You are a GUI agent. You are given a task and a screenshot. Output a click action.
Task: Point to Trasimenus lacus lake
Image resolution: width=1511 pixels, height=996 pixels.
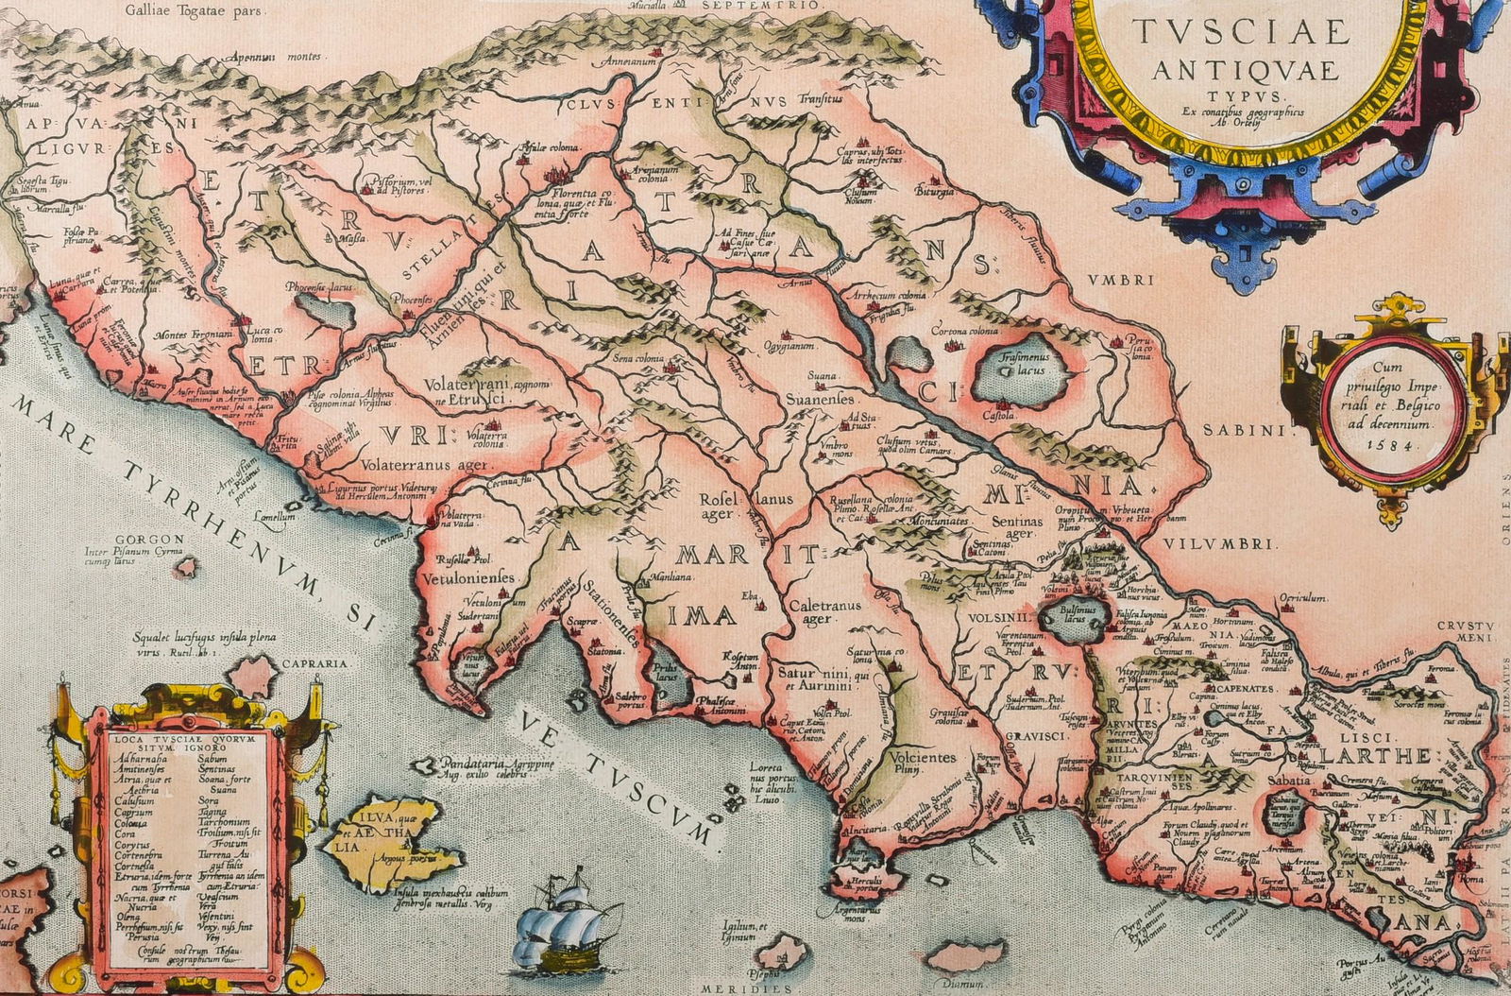[x=1025, y=371]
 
